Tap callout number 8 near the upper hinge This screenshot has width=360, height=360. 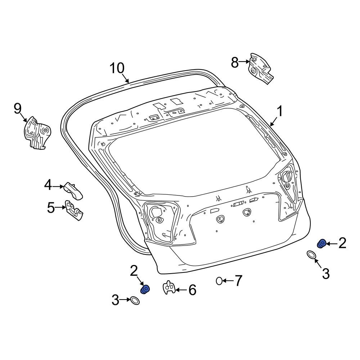click(235, 63)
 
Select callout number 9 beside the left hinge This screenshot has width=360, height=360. click(18, 108)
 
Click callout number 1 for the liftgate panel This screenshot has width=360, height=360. click(279, 111)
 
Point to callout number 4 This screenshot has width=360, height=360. click(48, 186)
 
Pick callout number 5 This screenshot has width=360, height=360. click(51, 208)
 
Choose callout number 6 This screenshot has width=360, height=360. click(193, 290)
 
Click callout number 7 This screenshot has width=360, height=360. click(238, 281)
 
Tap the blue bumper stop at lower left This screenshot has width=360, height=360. click(145, 289)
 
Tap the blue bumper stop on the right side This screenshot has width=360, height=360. click(322, 244)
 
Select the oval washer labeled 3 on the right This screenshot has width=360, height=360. click(311, 255)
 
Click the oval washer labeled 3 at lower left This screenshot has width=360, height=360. click(135, 300)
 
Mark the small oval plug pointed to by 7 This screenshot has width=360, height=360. click(219, 281)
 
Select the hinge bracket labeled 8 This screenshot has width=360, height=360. click(260, 69)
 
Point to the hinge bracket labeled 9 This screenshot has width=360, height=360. click(36, 133)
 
